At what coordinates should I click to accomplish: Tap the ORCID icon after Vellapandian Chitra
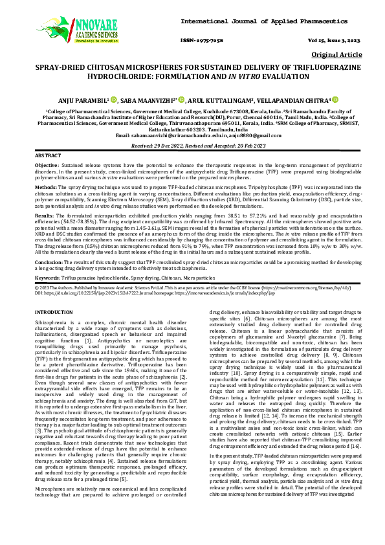[335, 100]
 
